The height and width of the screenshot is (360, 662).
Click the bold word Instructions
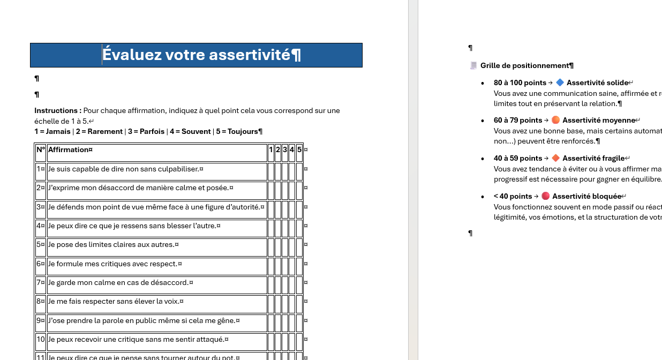coord(57,111)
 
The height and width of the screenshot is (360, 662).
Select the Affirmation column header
coord(69,150)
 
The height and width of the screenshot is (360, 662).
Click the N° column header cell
coord(41,150)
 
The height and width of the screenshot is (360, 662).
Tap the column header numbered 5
coord(299,150)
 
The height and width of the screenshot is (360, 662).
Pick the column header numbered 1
coord(271,150)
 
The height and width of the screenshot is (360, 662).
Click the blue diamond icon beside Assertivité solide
coord(560,82)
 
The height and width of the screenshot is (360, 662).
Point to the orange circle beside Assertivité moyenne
coord(555,120)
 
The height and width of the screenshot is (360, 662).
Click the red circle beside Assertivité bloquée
coord(545,196)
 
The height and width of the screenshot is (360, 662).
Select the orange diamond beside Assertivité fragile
coord(555,158)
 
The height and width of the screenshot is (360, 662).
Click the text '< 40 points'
coord(513,197)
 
